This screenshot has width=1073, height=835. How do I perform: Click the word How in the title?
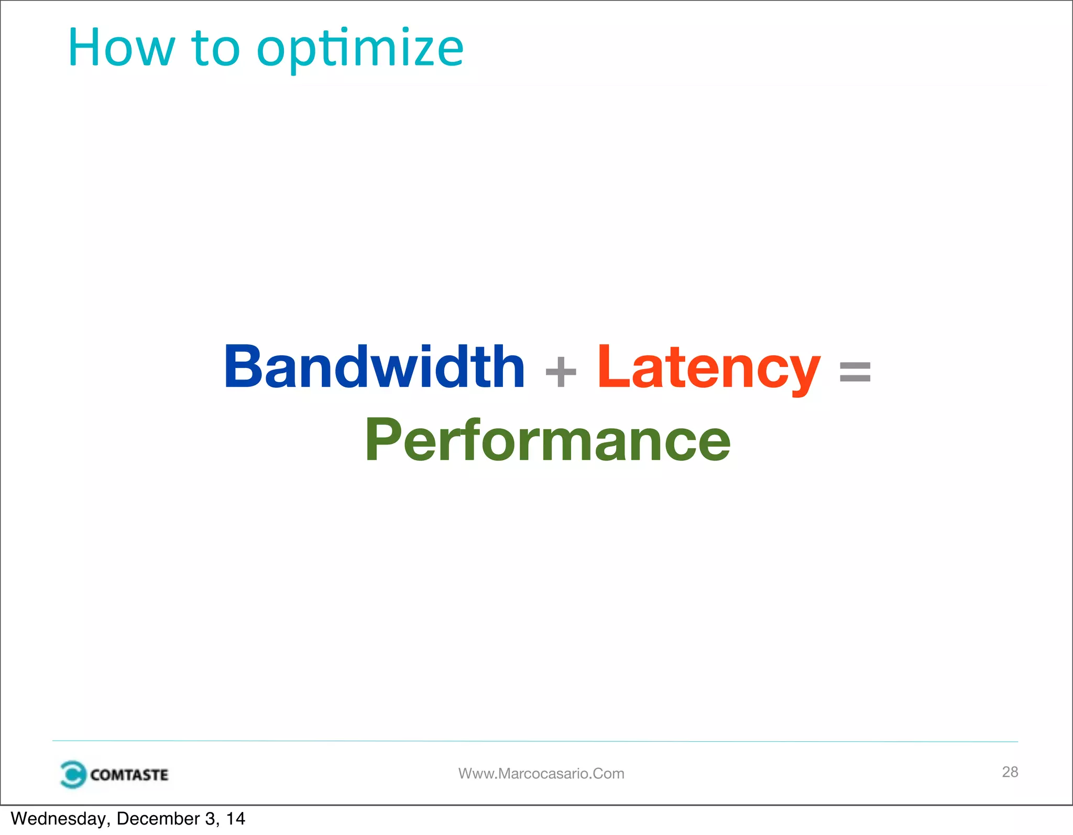pyautogui.click(x=121, y=48)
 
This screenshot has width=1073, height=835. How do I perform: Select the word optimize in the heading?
pyautogui.click(x=360, y=50)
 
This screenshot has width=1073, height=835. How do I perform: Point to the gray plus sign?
pyautogui.click(x=561, y=372)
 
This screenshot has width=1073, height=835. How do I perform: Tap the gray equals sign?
pyautogui.click(x=855, y=372)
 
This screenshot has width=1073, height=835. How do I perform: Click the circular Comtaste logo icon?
pyautogui.click(x=72, y=774)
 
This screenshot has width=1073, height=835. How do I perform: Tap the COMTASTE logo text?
pyautogui.click(x=129, y=775)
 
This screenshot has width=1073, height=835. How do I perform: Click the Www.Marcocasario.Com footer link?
pyautogui.click(x=541, y=774)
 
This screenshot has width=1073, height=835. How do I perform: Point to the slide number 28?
pyautogui.click(x=1010, y=772)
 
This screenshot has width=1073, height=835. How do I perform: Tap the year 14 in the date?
pyautogui.click(x=236, y=819)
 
